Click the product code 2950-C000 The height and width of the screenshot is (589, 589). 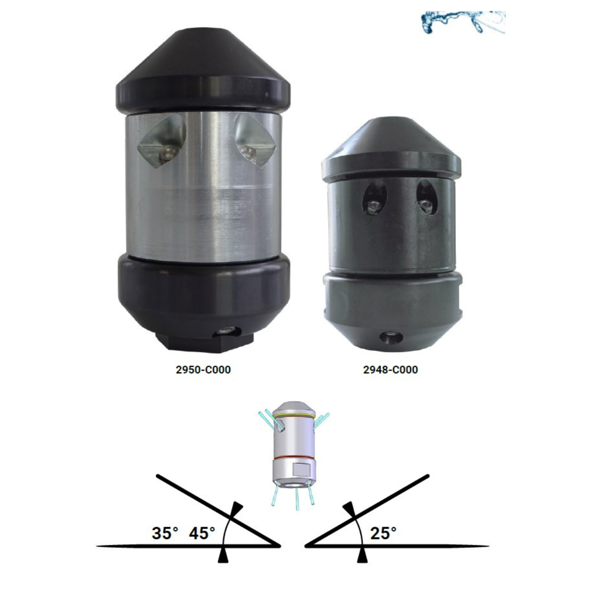coord(203,370)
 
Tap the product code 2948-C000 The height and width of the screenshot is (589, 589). coord(390,370)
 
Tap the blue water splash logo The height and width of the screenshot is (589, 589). coord(463,22)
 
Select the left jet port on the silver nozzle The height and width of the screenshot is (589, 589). coord(161,140)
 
